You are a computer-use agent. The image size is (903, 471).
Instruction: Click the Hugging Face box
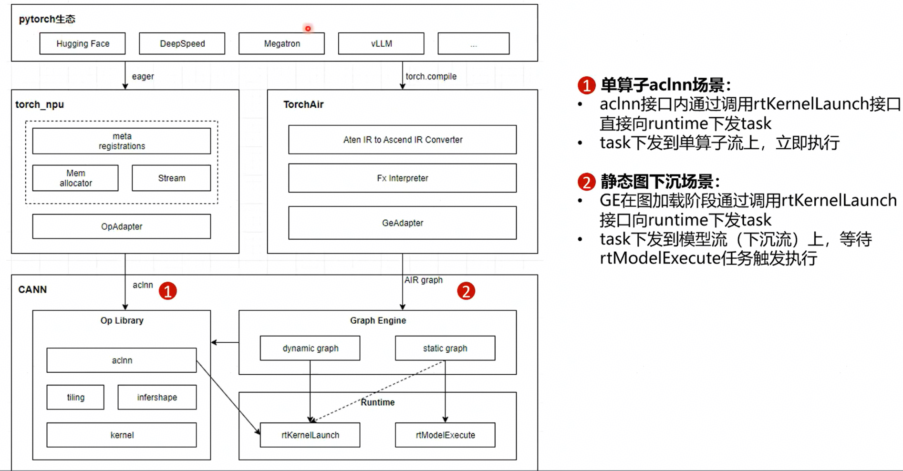click(83, 44)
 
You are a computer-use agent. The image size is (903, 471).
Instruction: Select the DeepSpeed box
click(182, 44)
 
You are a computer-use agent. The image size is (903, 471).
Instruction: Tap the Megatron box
click(282, 44)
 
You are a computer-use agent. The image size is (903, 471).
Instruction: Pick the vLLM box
click(381, 44)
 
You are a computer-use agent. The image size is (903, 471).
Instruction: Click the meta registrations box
click(122, 141)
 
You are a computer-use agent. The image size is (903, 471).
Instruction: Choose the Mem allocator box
click(75, 178)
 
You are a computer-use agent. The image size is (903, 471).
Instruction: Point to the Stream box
click(171, 178)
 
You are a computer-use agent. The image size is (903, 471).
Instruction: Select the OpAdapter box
click(122, 226)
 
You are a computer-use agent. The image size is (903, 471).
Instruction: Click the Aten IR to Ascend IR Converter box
click(403, 140)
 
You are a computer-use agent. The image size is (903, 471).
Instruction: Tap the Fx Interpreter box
click(403, 178)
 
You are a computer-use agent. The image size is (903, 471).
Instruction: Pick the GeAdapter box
click(403, 223)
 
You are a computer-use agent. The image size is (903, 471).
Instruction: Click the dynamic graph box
click(310, 348)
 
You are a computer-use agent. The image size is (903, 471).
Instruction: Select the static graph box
click(445, 348)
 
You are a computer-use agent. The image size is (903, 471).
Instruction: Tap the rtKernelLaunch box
click(310, 435)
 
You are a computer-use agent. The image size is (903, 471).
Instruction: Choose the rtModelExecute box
click(445, 435)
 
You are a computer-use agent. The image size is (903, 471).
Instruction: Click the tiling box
click(75, 397)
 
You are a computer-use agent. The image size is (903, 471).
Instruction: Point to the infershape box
click(157, 397)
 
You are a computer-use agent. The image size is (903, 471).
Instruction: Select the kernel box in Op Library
click(122, 435)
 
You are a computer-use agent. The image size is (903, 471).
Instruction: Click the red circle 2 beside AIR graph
click(466, 291)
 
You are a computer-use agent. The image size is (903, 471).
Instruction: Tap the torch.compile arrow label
click(431, 76)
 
